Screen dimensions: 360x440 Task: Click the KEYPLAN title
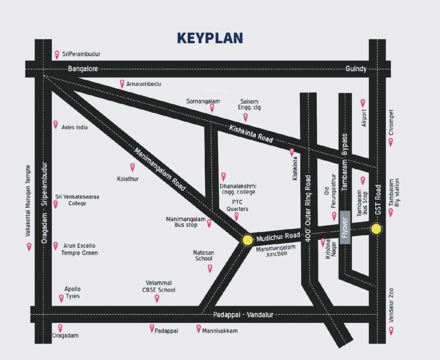coord(210,38)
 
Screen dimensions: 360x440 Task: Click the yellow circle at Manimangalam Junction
coord(247,240)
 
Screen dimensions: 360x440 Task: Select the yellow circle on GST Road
coord(376,229)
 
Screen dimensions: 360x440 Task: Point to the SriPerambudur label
coord(81,54)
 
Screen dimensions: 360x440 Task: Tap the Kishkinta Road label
coord(251,133)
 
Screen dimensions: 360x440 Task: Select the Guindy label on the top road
coord(356,68)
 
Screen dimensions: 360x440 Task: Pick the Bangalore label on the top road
coord(83,68)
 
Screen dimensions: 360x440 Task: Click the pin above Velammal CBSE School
coord(157,298)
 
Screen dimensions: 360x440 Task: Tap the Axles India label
coord(75,127)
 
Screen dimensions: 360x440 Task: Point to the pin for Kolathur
coord(132,167)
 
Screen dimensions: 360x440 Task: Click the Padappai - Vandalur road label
coord(243,315)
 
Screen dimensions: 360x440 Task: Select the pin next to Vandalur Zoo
coord(391,330)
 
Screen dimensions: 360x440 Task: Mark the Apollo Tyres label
coord(72,292)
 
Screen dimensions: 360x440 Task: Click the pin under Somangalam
coord(212,108)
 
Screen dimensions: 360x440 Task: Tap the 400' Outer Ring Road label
coord(308,208)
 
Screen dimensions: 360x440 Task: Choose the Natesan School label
coord(204,255)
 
